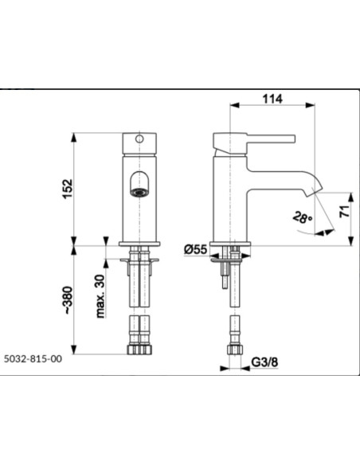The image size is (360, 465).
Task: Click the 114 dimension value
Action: (x=272, y=99)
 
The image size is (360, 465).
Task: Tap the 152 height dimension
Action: (x=68, y=189)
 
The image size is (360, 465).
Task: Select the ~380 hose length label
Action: (x=68, y=300)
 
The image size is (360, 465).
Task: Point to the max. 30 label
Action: (x=101, y=296)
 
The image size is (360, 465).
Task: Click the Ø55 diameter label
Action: (x=196, y=249)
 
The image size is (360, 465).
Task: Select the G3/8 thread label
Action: (x=264, y=361)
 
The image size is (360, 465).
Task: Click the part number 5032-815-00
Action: (x=33, y=359)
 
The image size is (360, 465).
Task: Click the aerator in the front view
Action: (x=139, y=192)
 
